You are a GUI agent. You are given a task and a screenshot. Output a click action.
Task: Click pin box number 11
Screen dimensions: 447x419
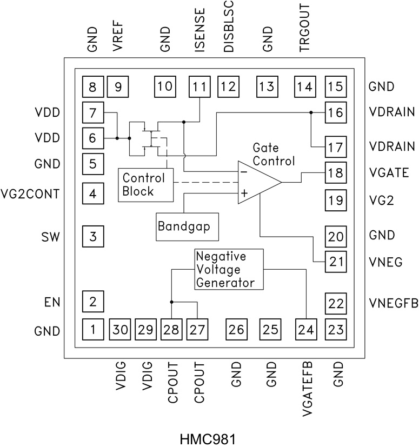pyautogui.click(x=199, y=86)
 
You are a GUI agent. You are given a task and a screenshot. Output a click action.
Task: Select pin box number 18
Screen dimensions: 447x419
pyautogui.click(x=336, y=172)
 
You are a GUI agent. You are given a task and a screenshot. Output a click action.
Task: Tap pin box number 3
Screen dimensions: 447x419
pyautogui.click(x=92, y=237)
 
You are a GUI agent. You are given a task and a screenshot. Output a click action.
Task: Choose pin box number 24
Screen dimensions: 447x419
pyautogui.click(x=307, y=328)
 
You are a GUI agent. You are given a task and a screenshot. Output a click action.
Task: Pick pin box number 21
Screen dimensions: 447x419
pyautogui.click(x=336, y=262)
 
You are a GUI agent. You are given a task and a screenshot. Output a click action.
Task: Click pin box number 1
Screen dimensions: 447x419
pyautogui.click(x=92, y=328)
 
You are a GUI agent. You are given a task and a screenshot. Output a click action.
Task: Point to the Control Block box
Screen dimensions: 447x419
pyautogui.click(x=144, y=184)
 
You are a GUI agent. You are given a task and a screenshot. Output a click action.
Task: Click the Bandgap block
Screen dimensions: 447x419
pyautogui.click(x=187, y=226)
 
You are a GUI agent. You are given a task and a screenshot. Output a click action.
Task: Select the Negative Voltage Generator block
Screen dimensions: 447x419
pyautogui.click(x=229, y=269)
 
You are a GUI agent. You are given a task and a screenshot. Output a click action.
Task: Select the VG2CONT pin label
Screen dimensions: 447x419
pyautogui.click(x=46, y=193)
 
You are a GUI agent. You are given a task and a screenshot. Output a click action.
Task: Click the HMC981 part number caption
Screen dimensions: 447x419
pyautogui.click(x=209, y=437)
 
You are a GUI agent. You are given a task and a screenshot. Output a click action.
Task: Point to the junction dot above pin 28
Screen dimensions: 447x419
pyautogui.click(x=171, y=302)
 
